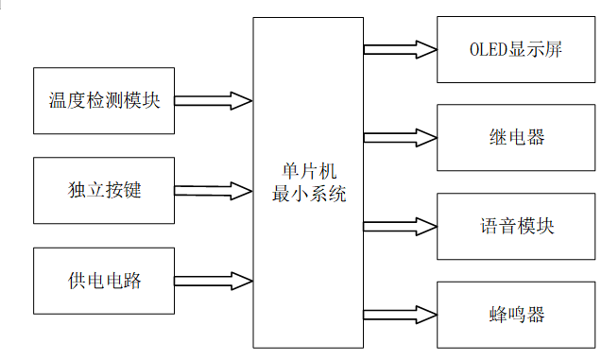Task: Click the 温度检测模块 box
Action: [x=104, y=100]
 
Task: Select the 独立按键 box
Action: [x=104, y=190]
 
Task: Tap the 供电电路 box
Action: [x=104, y=280]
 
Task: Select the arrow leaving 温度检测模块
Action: [x=214, y=100]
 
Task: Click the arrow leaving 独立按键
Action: [x=214, y=190]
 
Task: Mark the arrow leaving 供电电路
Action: [x=214, y=280]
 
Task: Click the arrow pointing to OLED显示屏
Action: [x=400, y=49]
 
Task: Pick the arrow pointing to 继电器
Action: [x=400, y=138]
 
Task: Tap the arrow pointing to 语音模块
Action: [x=400, y=227]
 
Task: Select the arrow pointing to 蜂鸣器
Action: [x=400, y=315]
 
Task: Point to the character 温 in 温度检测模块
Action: [x=59, y=100]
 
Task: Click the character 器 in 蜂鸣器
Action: [x=536, y=315]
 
